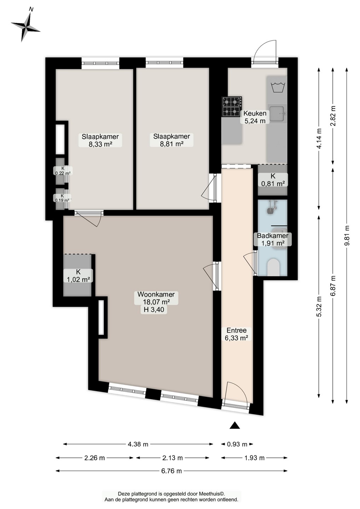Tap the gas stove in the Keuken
coord(232,107)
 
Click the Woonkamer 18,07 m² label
coord(156,298)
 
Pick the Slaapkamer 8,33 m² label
coord(100,140)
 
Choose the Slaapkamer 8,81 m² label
coord(172,140)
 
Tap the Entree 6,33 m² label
coord(236,334)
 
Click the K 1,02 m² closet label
coord(78,275)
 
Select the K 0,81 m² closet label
coord(273,180)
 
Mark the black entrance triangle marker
coord(235,425)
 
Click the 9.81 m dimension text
coord(347,236)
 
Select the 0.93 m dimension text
coord(237,444)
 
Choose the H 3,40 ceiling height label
coord(153,309)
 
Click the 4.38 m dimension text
coord(138,444)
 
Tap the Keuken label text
coord(255,113)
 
